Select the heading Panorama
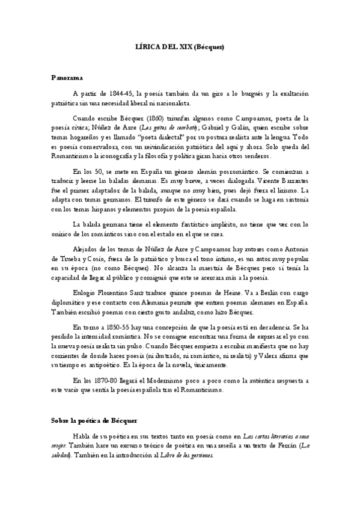click(x=67, y=78)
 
